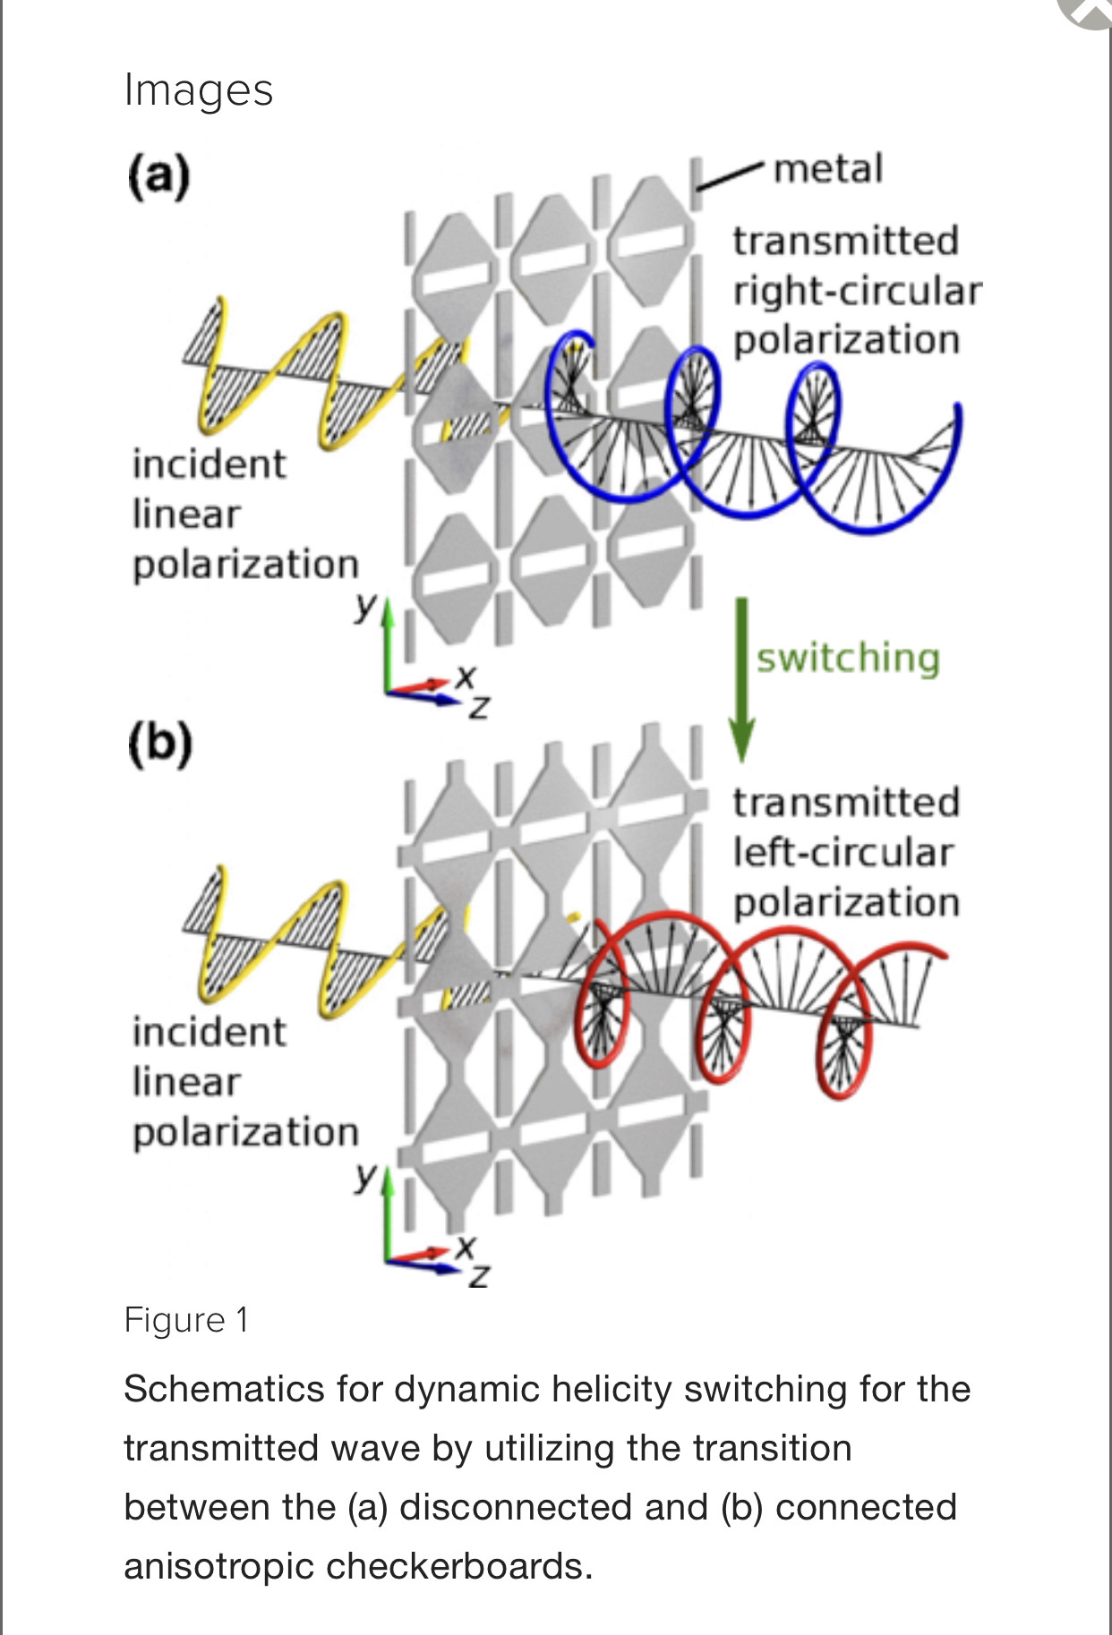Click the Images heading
point(198,90)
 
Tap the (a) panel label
point(158,175)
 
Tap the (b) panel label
point(159,743)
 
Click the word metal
point(827,169)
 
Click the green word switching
point(848,658)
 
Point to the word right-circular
point(857,291)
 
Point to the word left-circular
point(843,852)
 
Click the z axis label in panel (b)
point(480,1275)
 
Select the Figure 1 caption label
point(186,1320)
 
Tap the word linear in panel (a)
point(186,514)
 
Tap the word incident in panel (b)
point(209,1032)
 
